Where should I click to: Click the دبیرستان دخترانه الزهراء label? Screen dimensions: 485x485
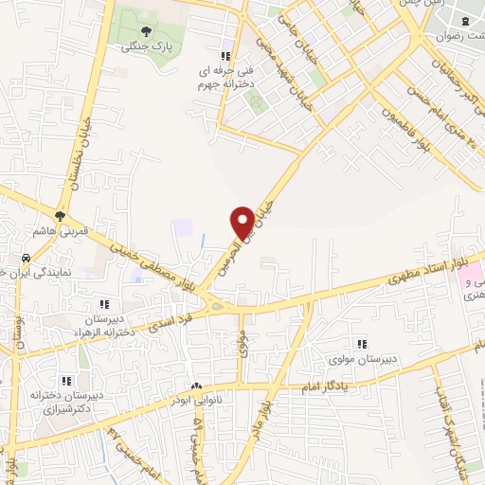pos(104,325)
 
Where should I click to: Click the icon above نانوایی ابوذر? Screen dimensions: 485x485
pos(196,386)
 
